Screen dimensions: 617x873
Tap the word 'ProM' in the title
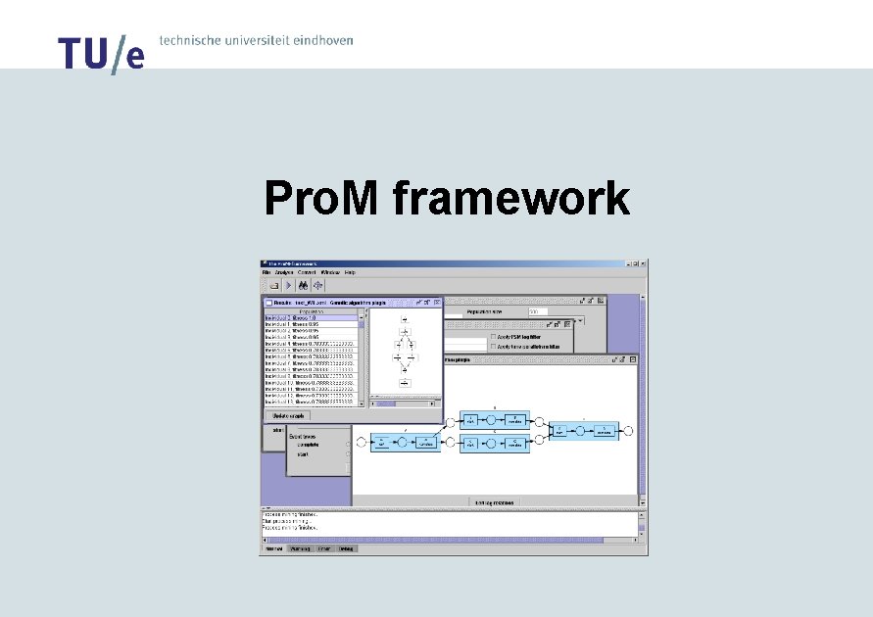point(323,199)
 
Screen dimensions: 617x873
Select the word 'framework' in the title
point(510,199)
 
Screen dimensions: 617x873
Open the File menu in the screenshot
point(266,272)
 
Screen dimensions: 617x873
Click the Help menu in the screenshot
point(350,272)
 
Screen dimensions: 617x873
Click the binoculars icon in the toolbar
point(304,286)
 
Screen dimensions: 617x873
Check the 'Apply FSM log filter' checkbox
point(493,336)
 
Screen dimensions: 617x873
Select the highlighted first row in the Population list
point(311,318)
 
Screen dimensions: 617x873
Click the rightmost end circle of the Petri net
point(629,430)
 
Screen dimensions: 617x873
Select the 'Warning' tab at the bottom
point(301,549)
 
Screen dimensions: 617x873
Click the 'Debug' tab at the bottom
point(347,549)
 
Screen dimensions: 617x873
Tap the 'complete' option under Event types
point(313,444)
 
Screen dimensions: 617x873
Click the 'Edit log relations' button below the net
point(494,501)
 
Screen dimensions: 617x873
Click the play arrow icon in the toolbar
point(289,286)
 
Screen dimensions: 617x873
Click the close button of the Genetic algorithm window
point(438,303)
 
